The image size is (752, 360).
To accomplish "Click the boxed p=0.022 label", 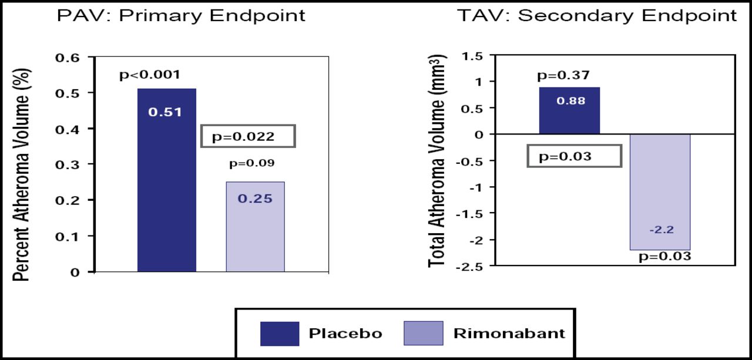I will pos(247,136).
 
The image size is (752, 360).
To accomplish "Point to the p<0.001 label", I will pos(150,75).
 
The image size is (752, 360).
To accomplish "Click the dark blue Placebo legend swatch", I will pos(280,334).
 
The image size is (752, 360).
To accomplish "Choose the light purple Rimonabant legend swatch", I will pos(424,334).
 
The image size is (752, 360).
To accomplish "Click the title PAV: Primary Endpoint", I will pos(181,15).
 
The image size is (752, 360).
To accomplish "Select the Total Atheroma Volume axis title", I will pos(438,162).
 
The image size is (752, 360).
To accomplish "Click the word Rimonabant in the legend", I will pos(509,334).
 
